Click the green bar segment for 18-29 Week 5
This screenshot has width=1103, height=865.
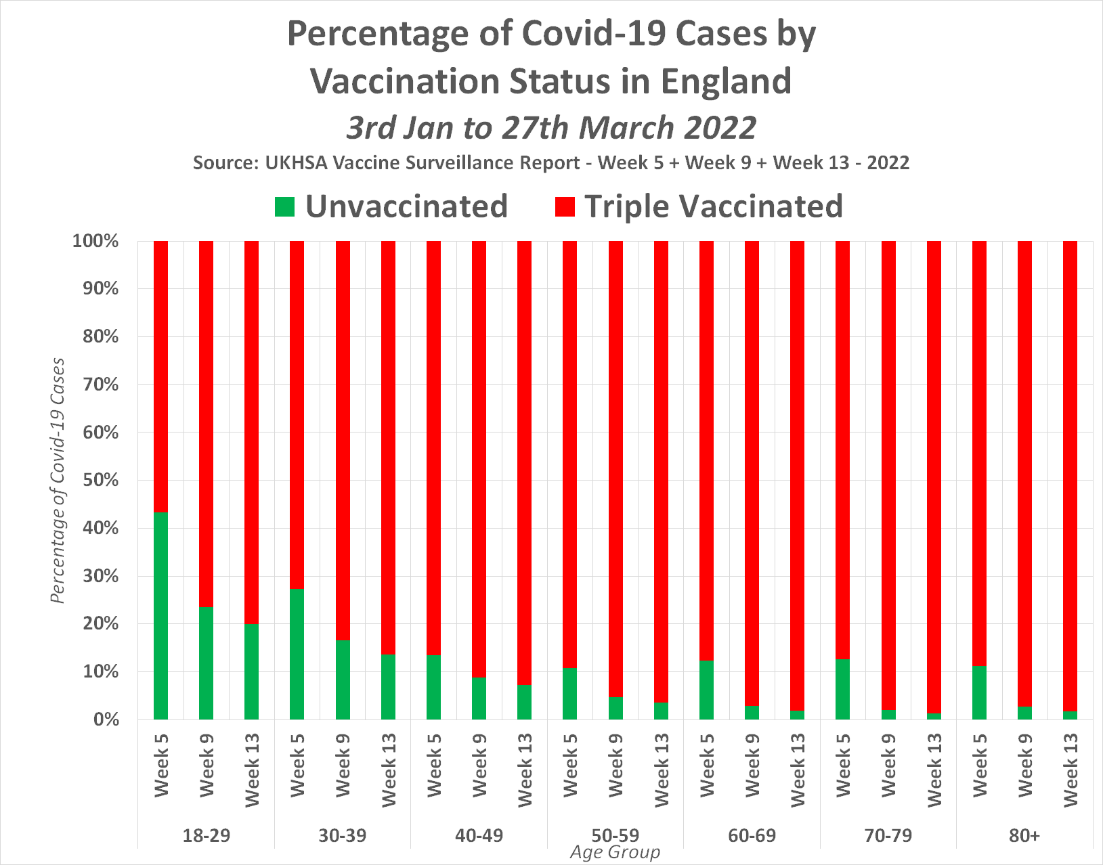tap(160, 616)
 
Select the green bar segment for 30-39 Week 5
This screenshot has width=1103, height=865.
tap(297, 654)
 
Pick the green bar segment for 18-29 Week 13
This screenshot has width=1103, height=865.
tap(251, 671)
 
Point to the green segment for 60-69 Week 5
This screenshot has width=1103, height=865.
tap(706, 690)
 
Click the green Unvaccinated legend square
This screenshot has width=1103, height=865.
tap(285, 206)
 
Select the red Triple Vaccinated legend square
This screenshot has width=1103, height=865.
tap(564, 206)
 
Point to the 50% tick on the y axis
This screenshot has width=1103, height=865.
tap(95, 481)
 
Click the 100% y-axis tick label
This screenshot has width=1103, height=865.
tap(95, 241)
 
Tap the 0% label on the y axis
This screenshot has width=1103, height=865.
tap(104, 720)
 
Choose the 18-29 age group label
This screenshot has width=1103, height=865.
tap(207, 836)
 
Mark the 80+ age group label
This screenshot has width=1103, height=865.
tap(1024, 836)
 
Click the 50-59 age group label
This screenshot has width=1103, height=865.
tap(615, 836)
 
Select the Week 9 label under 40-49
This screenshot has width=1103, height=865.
tap(479, 765)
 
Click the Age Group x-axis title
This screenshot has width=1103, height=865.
tap(615, 853)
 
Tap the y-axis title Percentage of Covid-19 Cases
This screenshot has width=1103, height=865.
tap(58, 481)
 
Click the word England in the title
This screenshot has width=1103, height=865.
tap(726, 81)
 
